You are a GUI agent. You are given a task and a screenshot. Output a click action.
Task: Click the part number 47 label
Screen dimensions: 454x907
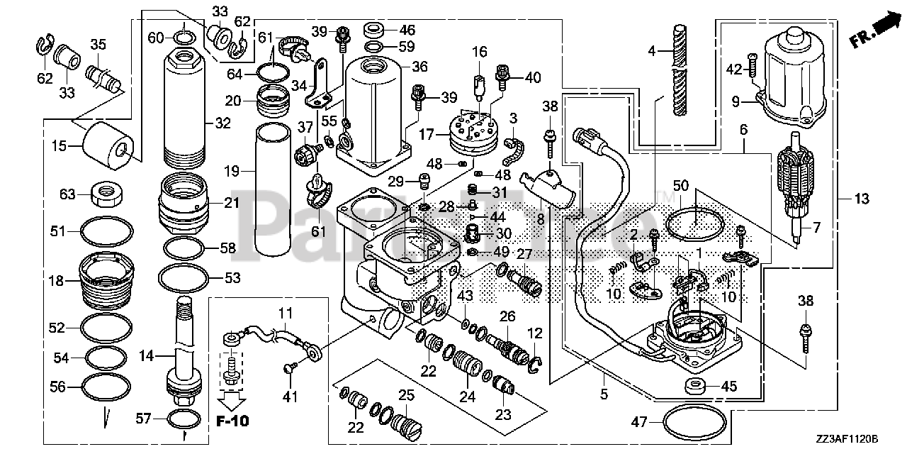638,422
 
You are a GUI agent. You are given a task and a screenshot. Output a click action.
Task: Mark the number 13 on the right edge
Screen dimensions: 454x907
861,199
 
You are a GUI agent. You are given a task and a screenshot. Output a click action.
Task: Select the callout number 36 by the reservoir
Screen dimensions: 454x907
420,67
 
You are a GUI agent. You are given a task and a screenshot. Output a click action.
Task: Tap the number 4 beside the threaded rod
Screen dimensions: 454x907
652,51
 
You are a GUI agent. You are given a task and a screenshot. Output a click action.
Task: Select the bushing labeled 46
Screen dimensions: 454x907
374,31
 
